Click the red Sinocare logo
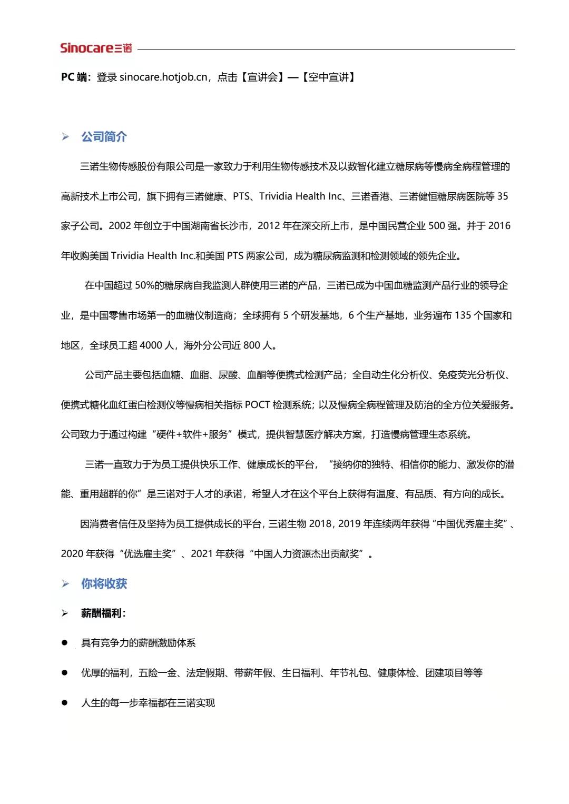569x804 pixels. (x=96, y=48)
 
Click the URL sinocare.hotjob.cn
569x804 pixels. (x=163, y=77)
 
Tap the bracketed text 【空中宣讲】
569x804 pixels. (x=329, y=77)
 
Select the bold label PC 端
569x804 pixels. (x=74, y=77)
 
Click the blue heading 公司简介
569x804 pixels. (x=104, y=137)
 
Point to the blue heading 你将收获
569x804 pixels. (x=104, y=583)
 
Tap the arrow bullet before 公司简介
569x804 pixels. (x=65, y=137)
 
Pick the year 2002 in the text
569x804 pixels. (x=120, y=226)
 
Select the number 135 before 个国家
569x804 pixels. (x=463, y=315)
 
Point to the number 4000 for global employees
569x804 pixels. (x=151, y=345)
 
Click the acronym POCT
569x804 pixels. (x=257, y=405)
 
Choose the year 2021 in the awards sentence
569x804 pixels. (x=202, y=554)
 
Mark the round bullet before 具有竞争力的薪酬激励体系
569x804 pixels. (x=65, y=643)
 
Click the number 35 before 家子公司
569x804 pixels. (x=503, y=196)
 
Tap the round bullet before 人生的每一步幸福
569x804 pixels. (x=65, y=703)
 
